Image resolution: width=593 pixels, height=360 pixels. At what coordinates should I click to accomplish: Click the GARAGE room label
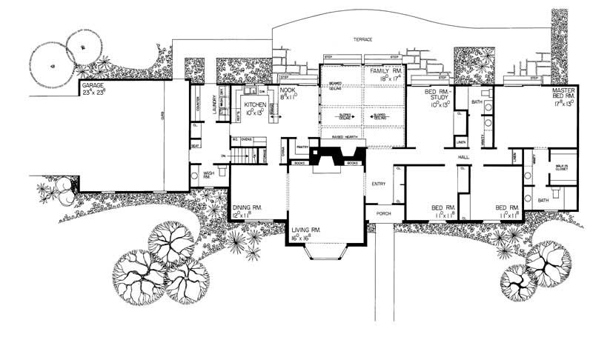point(92,86)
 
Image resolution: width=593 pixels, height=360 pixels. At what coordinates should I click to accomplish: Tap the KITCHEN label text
point(256,105)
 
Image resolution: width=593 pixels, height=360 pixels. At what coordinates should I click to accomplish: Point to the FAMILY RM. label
point(385,71)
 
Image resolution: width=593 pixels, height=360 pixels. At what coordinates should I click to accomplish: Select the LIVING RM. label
point(305,231)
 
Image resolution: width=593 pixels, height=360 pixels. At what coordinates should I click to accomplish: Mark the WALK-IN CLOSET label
point(561,168)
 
